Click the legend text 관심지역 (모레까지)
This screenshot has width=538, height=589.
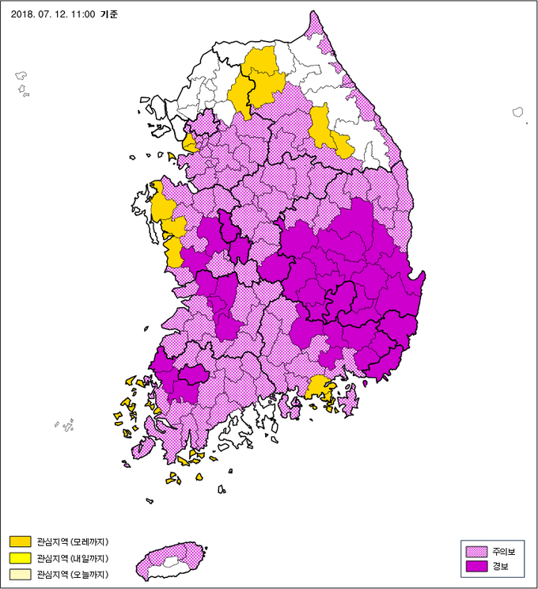click(72, 542)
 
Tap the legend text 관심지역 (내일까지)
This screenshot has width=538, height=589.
click(72, 558)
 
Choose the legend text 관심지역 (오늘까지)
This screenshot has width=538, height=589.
click(72, 574)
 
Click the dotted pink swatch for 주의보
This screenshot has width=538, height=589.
click(476, 551)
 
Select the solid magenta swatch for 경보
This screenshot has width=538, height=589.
click(476, 566)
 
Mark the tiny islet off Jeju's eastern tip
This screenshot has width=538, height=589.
click(206, 549)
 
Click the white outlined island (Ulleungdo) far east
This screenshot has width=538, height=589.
click(518, 112)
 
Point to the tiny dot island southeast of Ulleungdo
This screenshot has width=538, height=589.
click(527, 123)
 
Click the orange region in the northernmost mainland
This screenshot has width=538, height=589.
click(257, 79)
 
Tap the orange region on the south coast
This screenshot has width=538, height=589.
click(318, 388)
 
